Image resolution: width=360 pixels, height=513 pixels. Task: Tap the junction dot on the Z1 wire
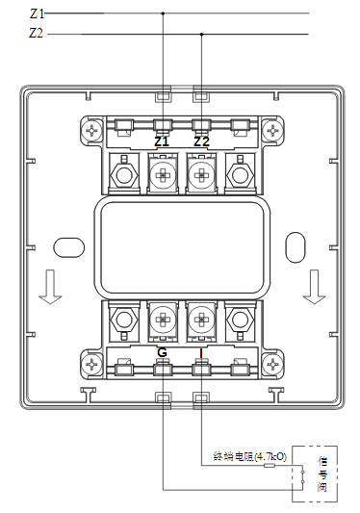tap(162, 13)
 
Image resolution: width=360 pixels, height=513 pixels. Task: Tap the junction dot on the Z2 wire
tap(201, 33)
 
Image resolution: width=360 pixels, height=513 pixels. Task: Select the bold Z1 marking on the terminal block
tap(162, 141)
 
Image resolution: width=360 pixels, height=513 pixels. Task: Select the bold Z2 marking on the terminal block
tap(201, 141)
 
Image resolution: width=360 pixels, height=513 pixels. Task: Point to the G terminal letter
tap(162, 353)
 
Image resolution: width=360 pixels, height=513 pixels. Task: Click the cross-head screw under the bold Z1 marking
tap(162, 174)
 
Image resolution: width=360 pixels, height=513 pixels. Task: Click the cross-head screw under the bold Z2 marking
tap(201, 174)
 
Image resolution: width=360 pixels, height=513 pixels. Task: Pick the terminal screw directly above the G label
tap(162, 321)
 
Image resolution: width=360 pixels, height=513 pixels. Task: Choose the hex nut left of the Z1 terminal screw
tap(122, 174)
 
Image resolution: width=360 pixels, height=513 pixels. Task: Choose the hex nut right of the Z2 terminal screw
tap(240, 174)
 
